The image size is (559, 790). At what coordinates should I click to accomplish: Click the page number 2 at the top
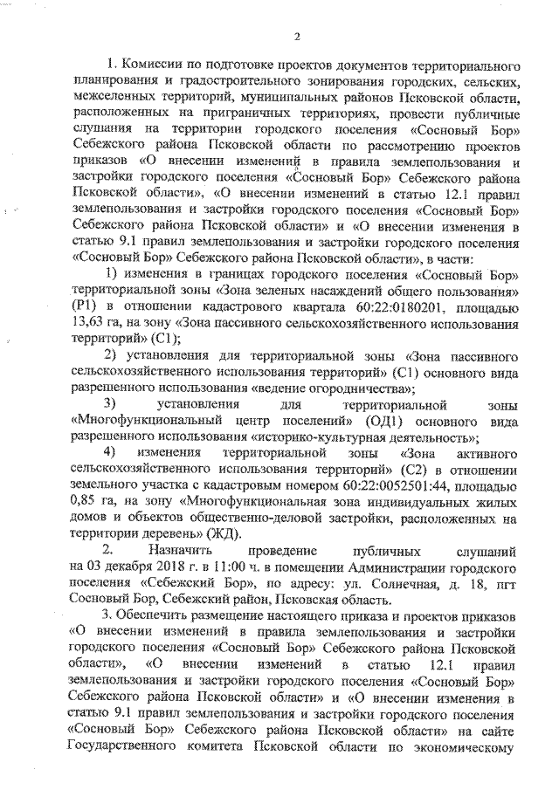click(x=297, y=36)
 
